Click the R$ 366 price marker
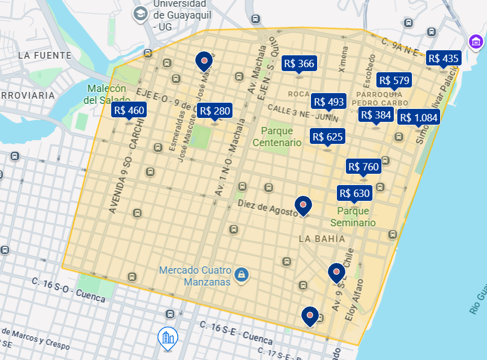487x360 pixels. coord(299,64)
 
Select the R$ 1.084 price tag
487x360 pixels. coord(418,117)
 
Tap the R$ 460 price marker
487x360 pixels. coord(129,110)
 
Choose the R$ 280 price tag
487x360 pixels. coord(215,111)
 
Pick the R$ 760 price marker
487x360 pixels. coord(363,166)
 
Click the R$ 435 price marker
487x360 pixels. coord(444,58)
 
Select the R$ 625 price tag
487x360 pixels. coord(327,137)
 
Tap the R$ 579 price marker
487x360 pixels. coord(394,81)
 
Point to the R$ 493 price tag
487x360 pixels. coord(328,102)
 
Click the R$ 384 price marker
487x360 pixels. coord(376,115)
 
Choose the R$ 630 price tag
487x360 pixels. coord(354,194)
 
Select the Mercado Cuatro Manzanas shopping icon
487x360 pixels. coord(242,275)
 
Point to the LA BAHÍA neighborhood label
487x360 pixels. coord(322,239)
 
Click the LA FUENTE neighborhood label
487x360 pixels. coord(45,55)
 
